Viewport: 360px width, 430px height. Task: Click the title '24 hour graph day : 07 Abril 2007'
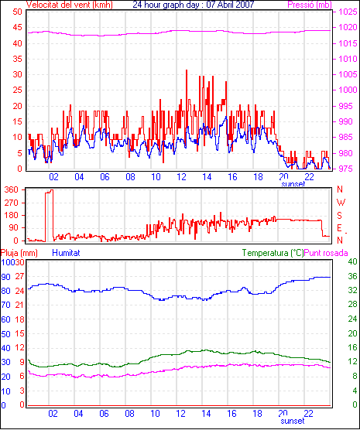point(194,5)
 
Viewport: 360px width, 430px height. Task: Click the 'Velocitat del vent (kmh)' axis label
point(69,5)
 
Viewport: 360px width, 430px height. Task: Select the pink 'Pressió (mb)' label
point(310,5)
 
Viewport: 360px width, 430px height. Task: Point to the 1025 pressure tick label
point(348,12)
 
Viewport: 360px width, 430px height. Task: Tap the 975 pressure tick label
point(348,169)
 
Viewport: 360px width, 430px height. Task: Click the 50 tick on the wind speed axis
point(17,12)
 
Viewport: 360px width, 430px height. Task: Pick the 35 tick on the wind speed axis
point(17,59)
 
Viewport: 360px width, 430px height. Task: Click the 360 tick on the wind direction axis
point(12,189)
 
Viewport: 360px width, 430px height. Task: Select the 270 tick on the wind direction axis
point(12,203)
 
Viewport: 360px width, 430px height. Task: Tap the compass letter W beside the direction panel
point(341,203)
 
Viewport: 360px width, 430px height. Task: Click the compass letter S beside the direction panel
point(340,216)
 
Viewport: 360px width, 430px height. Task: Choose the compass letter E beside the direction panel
point(340,228)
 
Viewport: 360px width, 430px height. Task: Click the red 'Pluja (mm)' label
point(19,253)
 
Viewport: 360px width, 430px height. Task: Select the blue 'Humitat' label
point(66,253)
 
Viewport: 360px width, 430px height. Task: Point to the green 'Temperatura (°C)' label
point(273,253)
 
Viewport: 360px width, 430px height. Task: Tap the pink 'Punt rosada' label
point(326,253)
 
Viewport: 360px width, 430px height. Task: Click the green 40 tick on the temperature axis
point(352,261)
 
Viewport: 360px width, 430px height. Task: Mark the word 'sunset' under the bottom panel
point(293,421)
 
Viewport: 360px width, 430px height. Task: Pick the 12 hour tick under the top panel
point(181,177)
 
